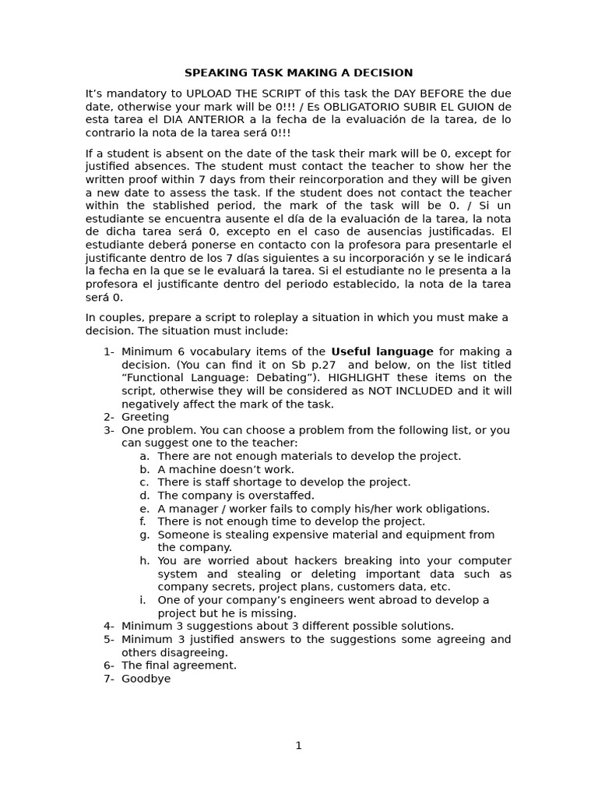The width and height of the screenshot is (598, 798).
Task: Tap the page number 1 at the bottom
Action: point(298,746)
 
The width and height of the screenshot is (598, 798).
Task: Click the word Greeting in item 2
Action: point(145,417)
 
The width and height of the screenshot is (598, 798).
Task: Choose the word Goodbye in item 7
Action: point(146,679)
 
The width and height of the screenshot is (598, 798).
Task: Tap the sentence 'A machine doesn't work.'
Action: point(226,469)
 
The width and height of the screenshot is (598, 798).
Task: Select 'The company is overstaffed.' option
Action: point(236,496)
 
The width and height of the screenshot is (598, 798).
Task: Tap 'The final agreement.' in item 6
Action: point(179,666)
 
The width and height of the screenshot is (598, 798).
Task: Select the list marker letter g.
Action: point(144,535)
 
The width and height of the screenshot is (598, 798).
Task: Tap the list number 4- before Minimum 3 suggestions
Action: point(109,627)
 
